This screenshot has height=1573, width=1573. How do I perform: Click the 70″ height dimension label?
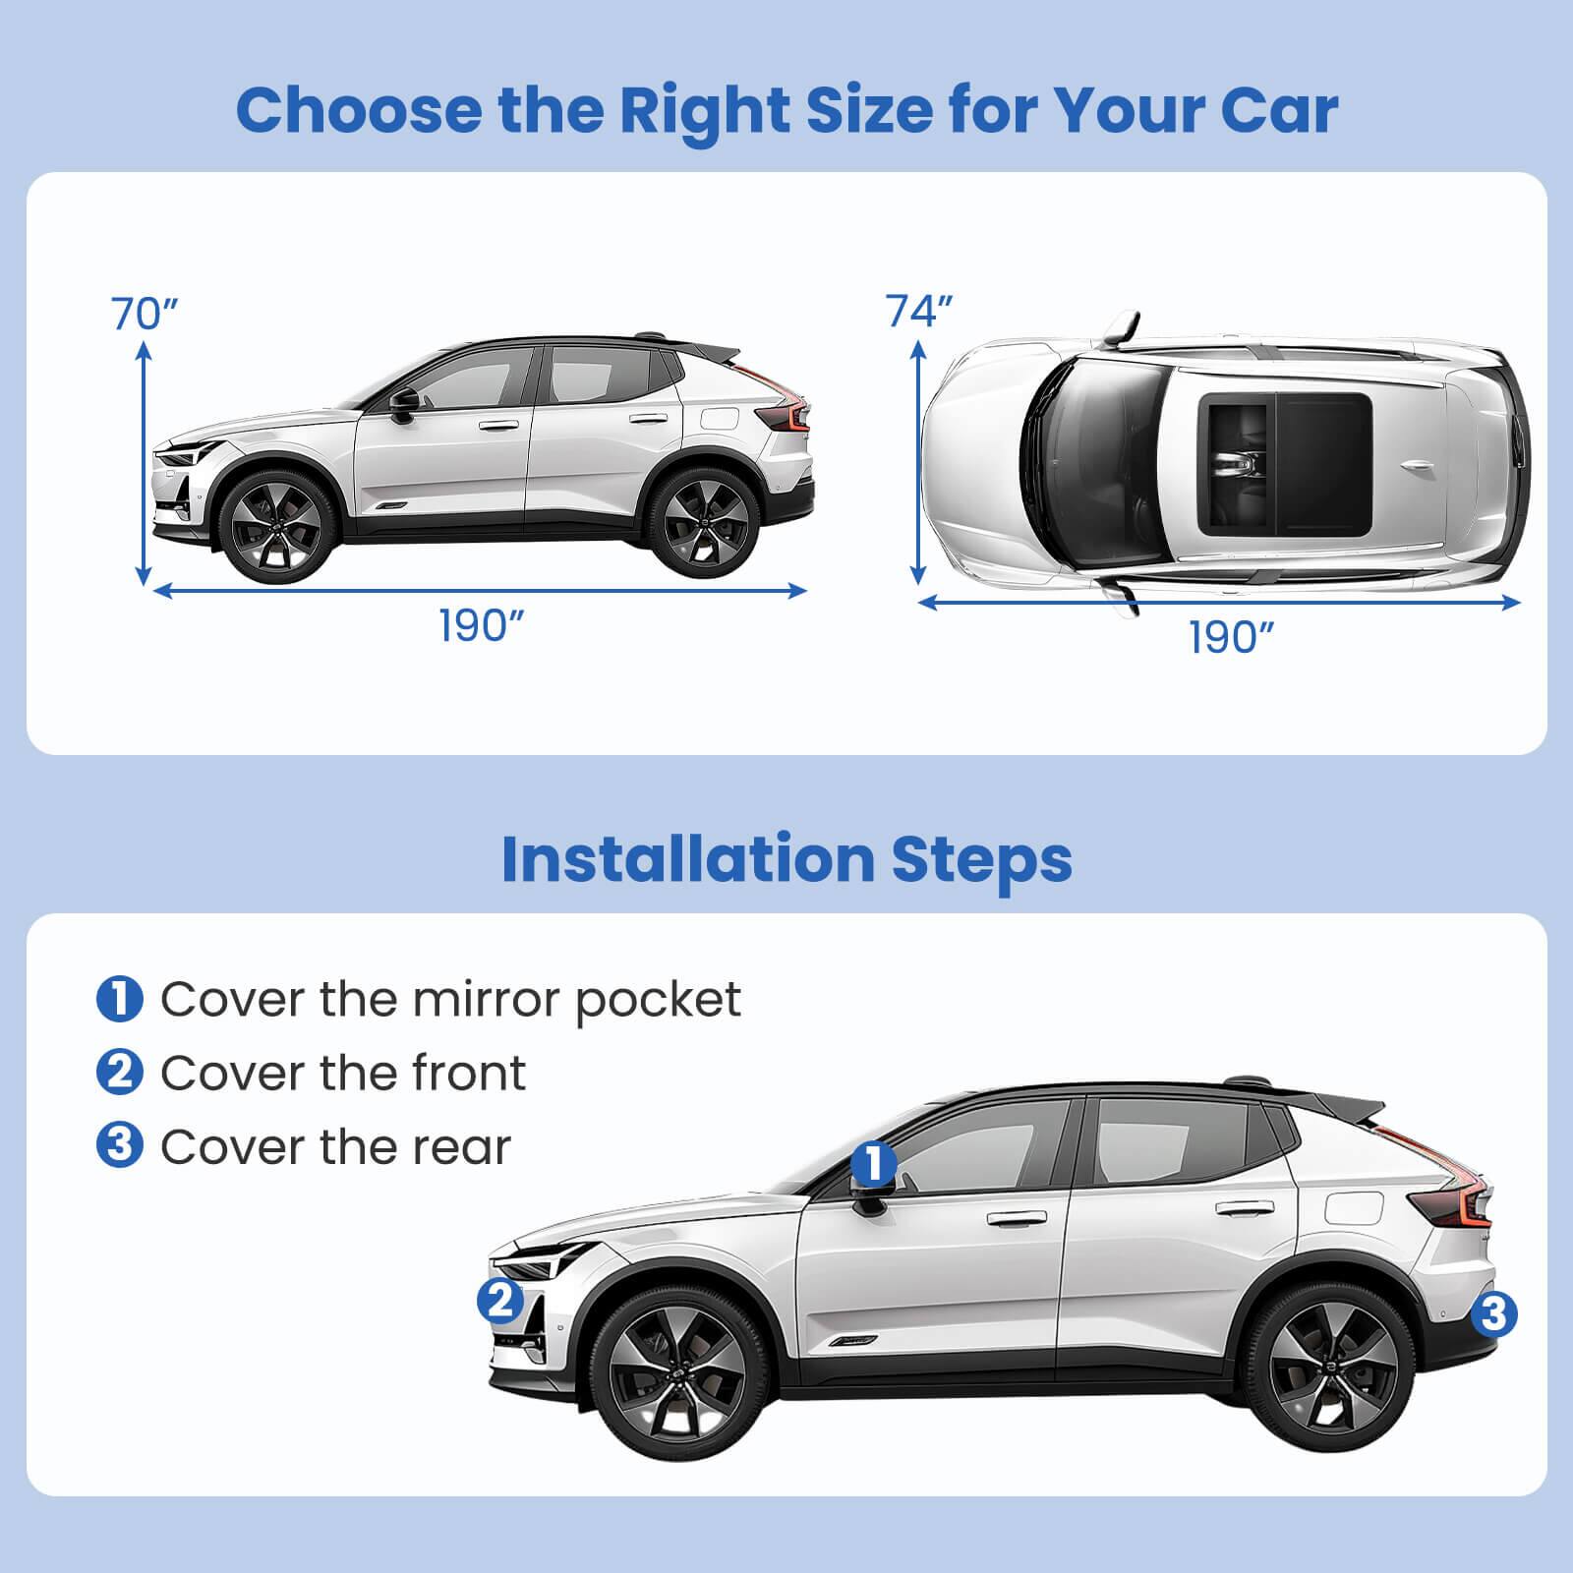pyautogui.click(x=145, y=314)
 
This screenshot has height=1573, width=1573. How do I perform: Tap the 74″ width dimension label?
pyautogui.click(x=920, y=311)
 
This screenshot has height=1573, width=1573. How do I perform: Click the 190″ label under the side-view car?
pyautogui.click(x=481, y=625)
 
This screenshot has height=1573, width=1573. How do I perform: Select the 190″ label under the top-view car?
pyautogui.click(x=1231, y=638)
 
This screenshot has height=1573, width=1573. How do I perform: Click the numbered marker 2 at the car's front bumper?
pyautogui.click(x=500, y=1302)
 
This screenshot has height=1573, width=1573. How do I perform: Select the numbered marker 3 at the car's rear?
pyautogui.click(x=1492, y=1313)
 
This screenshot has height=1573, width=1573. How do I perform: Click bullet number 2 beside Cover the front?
pyautogui.click(x=120, y=1072)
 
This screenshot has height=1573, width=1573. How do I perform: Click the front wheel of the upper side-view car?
pyautogui.click(x=270, y=525)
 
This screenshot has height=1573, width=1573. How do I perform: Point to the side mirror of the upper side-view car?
pyautogui.click(x=402, y=403)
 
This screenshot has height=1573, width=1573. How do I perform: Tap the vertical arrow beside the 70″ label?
pyautogui.click(x=145, y=462)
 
